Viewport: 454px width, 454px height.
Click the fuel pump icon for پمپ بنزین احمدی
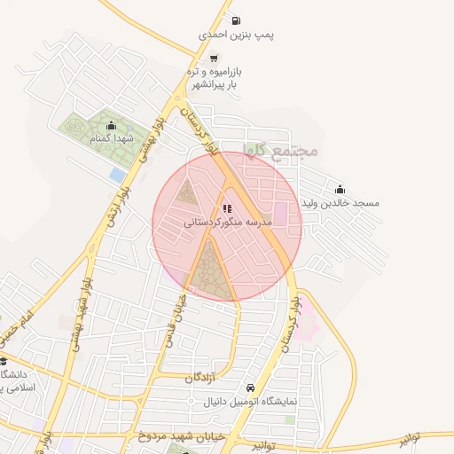(x=235, y=21)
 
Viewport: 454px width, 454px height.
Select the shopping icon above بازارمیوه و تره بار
(x=236, y=55)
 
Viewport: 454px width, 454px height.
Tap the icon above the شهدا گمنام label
(x=111, y=125)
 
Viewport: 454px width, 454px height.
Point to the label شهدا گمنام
(x=111, y=139)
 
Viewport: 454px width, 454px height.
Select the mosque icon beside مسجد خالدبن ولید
(x=340, y=189)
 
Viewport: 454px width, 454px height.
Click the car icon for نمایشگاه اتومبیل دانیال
(x=251, y=388)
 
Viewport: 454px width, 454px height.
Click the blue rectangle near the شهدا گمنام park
(x=118, y=176)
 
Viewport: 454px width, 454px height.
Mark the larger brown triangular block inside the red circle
(x=210, y=270)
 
